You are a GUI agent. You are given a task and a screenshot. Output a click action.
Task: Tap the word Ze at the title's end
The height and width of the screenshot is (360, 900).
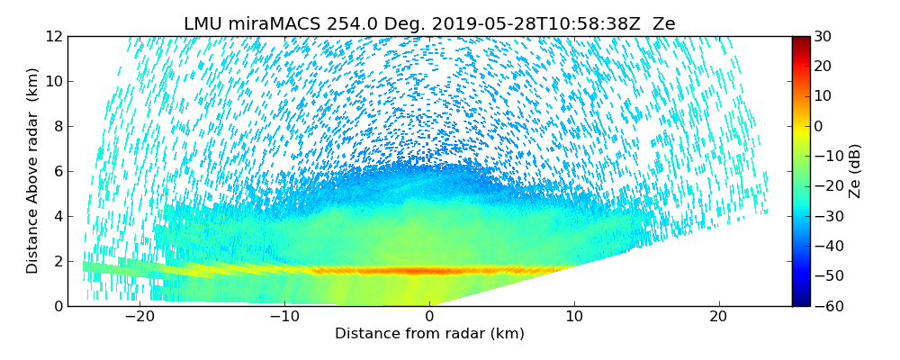pyautogui.click(x=663, y=24)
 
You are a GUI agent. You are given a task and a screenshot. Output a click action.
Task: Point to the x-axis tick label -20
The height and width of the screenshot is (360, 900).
pyautogui.click(x=139, y=318)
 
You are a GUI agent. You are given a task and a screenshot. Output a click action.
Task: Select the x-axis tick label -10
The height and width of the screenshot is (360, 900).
pyautogui.click(x=283, y=318)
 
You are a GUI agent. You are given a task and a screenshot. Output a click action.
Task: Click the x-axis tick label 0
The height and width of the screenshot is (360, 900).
pyautogui.click(x=429, y=318)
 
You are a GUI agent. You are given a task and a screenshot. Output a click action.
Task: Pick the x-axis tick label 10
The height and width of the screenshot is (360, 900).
pyautogui.click(x=574, y=318)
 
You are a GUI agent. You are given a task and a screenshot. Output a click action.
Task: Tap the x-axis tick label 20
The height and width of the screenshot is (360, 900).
pyautogui.click(x=718, y=318)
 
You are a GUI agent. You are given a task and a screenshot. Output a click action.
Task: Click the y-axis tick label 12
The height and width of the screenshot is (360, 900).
pyautogui.click(x=54, y=36)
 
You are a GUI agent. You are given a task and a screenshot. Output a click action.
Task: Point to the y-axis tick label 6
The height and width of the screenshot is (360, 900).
pyautogui.click(x=58, y=171)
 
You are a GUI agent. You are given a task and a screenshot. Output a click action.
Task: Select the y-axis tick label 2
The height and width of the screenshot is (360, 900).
pyautogui.click(x=58, y=261)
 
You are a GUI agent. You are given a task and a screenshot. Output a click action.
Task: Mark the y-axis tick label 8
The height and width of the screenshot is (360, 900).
pyautogui.click(x=58, y=126)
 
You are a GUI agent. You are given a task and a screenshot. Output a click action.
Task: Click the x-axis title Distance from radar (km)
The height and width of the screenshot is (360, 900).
pyautogui.click(x=429, y=334)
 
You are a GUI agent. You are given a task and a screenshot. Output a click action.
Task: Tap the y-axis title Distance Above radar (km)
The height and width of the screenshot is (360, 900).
pyautogui.click(x=33, y=171)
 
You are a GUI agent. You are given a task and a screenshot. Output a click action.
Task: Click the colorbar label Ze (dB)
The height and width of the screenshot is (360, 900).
pyautogui.click(x=855, y=171)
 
